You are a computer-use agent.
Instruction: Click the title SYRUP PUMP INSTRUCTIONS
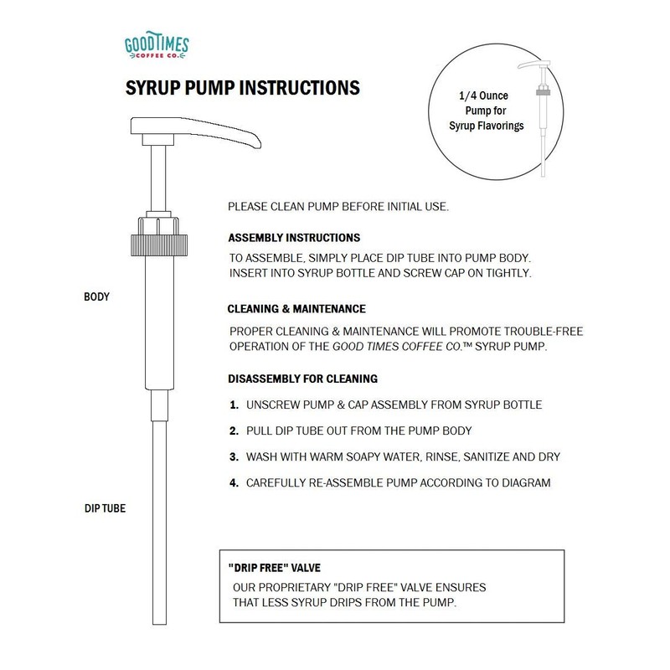243,87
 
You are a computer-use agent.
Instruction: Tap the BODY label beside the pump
98,296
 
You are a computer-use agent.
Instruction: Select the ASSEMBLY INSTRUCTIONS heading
294,238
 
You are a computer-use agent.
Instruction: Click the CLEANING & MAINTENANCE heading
296,308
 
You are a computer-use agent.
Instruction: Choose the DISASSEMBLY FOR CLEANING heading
302,379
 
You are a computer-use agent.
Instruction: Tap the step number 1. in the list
234,405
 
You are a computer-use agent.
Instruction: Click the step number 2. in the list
234,431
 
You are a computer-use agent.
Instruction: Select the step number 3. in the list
234,457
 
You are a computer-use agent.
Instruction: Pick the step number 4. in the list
234,483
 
